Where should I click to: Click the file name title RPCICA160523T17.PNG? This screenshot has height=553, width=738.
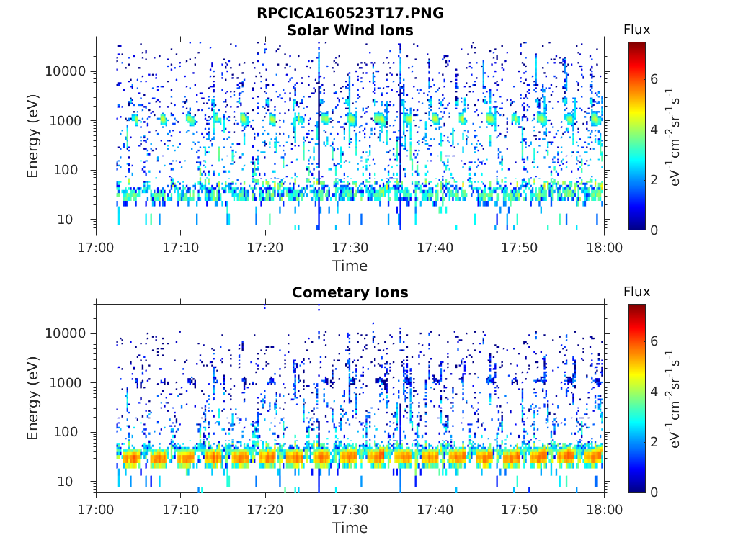(350, 13)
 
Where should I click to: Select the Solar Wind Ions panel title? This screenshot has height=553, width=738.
(350, 30)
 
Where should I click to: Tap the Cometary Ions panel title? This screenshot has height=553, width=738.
(350, 292)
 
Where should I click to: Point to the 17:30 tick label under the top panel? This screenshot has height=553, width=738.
(350, 248)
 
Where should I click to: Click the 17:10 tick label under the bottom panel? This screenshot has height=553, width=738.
(181, 509)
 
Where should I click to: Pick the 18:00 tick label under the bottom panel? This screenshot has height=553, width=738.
(605, 509)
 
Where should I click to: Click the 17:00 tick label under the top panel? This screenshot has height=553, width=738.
(96, 248)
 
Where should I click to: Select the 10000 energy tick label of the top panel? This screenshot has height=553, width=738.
(66, 71)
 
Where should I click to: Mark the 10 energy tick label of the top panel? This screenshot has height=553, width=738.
(65, 219)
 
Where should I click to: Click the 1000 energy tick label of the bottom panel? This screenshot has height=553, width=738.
(66, 383)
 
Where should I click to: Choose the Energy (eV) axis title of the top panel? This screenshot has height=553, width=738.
(32, 136)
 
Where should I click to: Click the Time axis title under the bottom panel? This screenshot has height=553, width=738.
(350, 528)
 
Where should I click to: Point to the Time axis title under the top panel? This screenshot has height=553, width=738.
(350, 266)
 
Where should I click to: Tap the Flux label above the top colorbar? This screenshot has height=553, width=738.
(637, 30)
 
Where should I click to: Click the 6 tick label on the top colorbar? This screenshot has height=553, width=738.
(654, 79)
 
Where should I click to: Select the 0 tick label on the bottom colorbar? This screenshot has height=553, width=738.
(654, 493)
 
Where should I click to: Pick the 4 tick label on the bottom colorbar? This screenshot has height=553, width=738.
(654, 391)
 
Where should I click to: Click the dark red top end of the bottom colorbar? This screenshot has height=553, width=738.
(637, 307)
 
